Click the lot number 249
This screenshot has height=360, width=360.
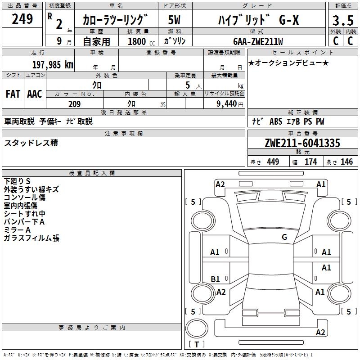[x=22, y=19]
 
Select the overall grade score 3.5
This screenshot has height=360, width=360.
[x=342, y=20]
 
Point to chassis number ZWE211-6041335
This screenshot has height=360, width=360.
[x=302, y=144]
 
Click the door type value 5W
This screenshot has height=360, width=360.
[x=174, y=20]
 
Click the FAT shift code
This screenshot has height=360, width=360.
[x=13, y=94]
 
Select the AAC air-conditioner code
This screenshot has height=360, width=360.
[x=35, y=94]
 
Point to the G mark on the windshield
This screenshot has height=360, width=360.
[x=284, y=237]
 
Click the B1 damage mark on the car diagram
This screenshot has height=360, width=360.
[x=216, y=279]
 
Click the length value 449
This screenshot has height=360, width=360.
[x=273, y=162]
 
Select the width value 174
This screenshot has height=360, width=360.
[x=310, y=162]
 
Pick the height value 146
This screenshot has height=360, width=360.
[x=346, y=162]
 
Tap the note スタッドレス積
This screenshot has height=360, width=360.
[x=31, y=143]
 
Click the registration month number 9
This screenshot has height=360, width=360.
[x=59, y=41]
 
